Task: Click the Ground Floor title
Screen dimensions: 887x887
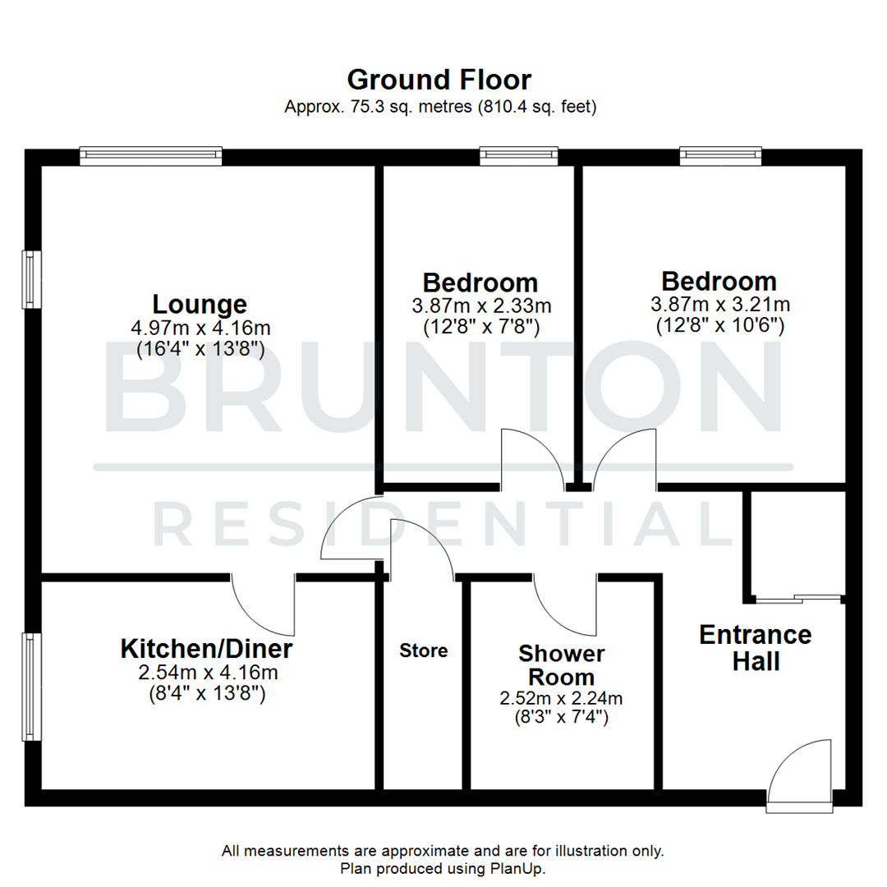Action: click(x=439, y=80)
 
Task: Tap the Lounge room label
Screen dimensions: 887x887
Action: click(x=200, y=304)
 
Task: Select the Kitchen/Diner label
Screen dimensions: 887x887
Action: click(x=207, y=649)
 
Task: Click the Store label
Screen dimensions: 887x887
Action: click(x=424, y=650)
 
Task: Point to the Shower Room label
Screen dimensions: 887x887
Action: click(x=562, y=666)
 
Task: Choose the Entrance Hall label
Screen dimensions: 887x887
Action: click(x=756, y=647)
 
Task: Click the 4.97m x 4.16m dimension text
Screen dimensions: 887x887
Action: click(x=200, y=328)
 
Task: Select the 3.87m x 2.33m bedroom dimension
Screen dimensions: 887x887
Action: click(x=481, y=306)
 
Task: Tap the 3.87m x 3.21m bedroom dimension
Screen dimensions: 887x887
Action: click(x=720, y=304)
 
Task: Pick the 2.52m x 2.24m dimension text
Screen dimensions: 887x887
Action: click(x=562, y=698)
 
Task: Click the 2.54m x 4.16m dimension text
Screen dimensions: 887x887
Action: click(x=207, y=673)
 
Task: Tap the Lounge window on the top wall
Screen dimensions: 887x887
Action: click(x=151, y=154)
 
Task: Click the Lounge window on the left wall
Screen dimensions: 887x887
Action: click(x=32, y=279)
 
